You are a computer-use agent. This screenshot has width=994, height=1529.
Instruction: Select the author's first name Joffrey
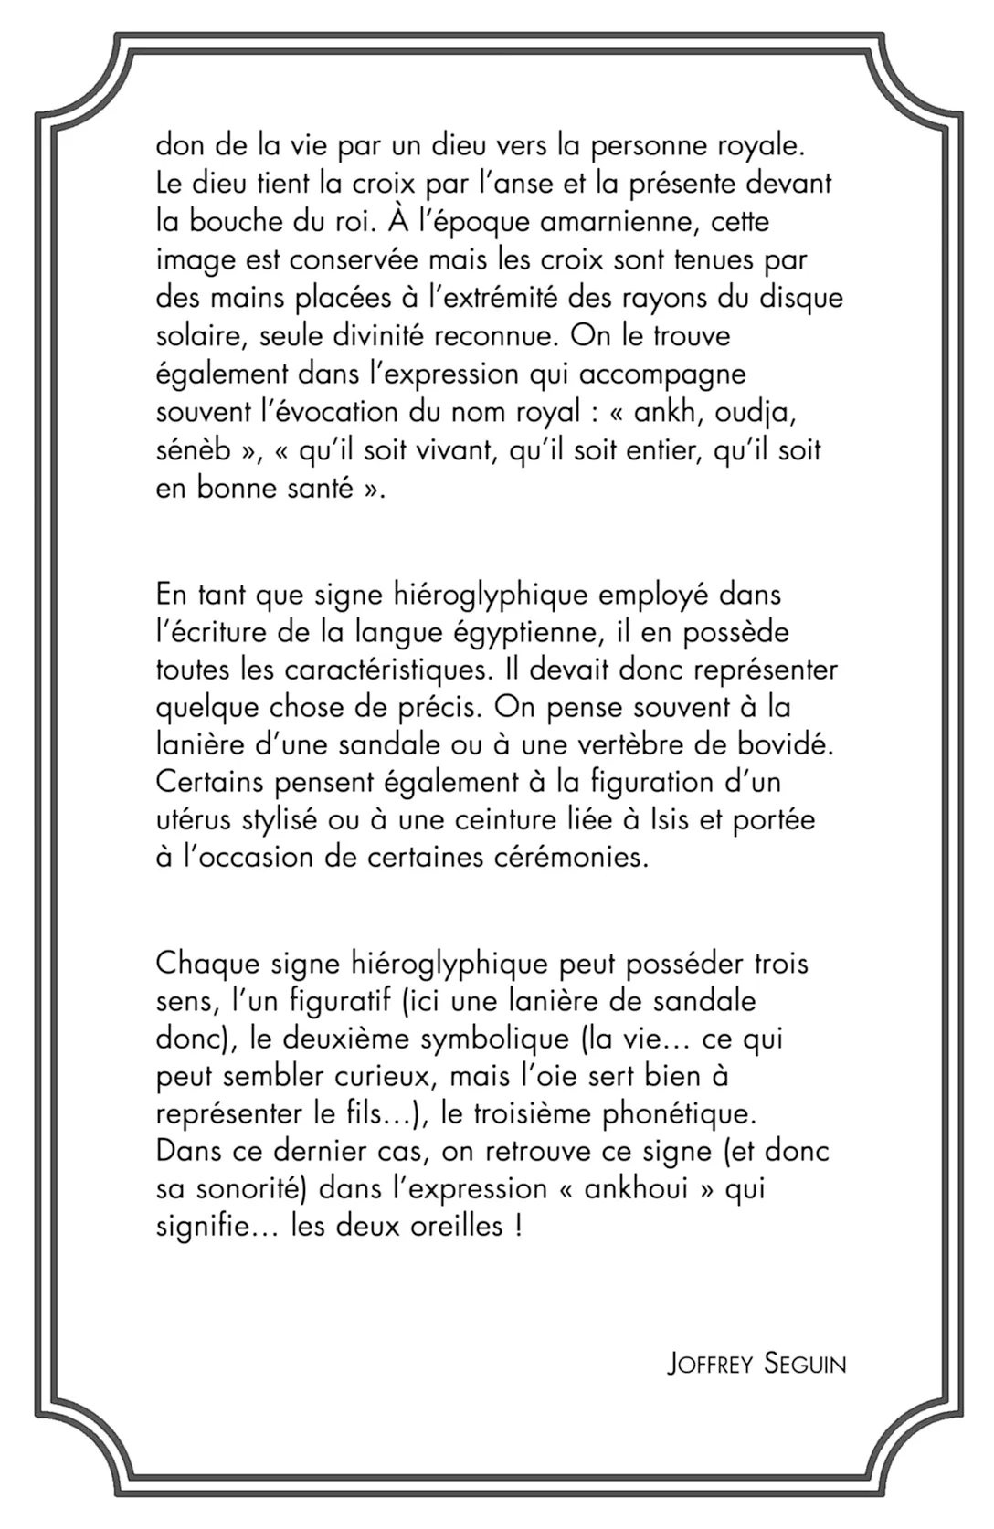(x=710, y=1365)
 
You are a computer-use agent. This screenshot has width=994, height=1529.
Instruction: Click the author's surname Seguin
(x=804, y=1365)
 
